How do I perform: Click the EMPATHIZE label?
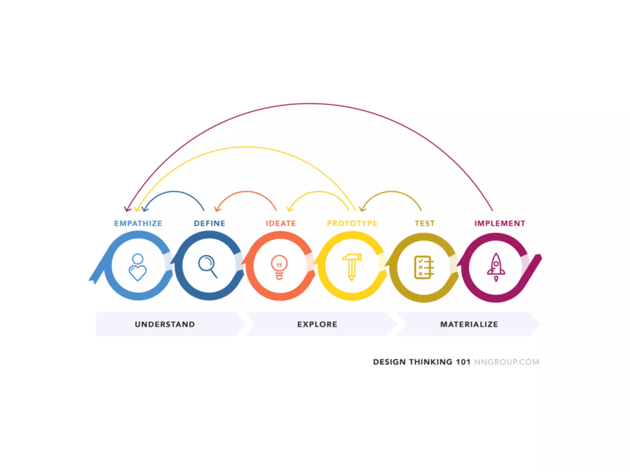(x=138, y=223)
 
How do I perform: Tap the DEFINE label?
(x=209, y=223)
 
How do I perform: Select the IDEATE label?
(x=281, y=223)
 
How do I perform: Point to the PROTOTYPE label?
(x=352, y=223)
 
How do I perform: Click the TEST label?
(x=425, y=223)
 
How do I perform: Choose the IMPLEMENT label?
(x=500, y=223)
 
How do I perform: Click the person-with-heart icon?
(x=138, y=267)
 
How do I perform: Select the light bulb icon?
(x=279, y=267)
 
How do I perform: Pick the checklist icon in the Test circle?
(x=424, y=267)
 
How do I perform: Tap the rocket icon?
(x=496, y=267)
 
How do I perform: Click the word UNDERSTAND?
(x=165, y=324)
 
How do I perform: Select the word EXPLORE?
(x=317, y=324)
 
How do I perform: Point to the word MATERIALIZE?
(x=469, y=324)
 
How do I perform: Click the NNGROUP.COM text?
(x=507, y=362)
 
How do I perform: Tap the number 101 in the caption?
(x=463, y=362)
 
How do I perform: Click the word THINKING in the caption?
(x=431, y=362)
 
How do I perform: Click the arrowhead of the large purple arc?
(x=127, y=209)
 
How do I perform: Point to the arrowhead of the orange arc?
(x=217, y=209)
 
